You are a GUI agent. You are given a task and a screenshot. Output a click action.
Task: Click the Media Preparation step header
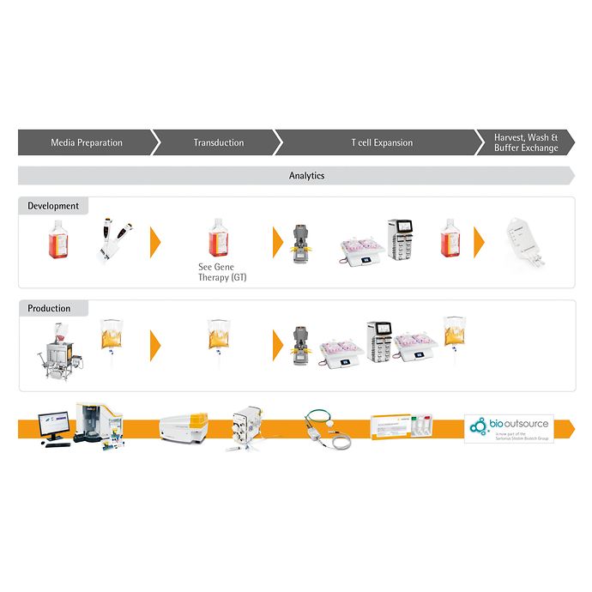click(87, 142)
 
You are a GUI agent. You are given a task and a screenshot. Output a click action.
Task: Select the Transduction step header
click(219, 142)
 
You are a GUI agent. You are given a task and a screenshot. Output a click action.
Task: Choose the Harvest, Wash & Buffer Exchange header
click(526, 142)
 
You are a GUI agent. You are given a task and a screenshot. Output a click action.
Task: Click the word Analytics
click(306, 176)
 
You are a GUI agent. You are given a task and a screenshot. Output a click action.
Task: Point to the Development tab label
click(53, 206)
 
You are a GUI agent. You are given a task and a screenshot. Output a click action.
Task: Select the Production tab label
click(49, 309)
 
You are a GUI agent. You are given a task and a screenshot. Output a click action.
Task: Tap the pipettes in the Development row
click(113, 241)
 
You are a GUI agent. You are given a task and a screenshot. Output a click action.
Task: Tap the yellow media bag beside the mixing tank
click(112, 339)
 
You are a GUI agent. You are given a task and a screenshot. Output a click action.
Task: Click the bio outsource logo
click(509, 427)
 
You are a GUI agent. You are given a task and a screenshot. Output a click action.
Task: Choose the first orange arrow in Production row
click(155, 345)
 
